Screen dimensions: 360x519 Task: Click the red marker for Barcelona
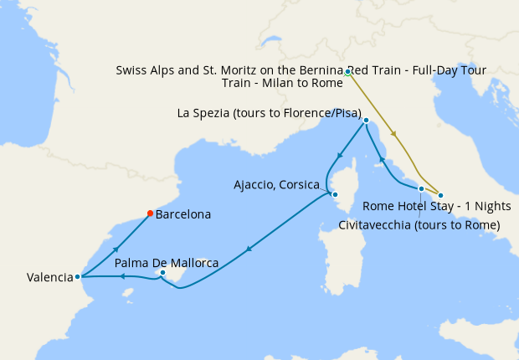point(150,213)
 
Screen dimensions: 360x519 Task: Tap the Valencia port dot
point(77,276)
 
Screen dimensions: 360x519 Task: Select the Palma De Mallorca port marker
point(162,273)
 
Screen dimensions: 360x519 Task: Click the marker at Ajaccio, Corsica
point(335,195)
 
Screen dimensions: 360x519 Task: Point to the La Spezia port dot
point(367,121)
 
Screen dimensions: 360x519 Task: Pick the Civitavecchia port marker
point(421,189)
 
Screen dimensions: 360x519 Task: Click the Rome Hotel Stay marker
point(441,195)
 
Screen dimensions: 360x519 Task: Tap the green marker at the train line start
point(347,73)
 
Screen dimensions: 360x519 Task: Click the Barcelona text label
point(183,214)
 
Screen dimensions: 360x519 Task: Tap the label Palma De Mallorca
point(166,263)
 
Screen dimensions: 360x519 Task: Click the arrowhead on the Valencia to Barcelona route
point(115,249)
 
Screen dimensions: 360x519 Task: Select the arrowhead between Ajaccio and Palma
point(249,249)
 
